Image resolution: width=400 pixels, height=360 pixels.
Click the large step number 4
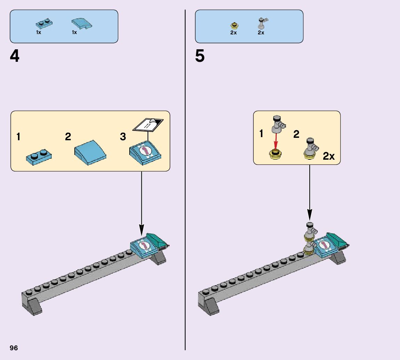(15, 57)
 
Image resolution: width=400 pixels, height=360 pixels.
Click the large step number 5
(200, 57)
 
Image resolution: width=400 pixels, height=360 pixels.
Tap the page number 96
(14, 348)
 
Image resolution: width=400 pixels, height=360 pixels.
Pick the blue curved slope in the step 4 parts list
(82, 24)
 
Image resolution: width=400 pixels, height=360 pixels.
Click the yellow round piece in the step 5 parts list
(234, 25)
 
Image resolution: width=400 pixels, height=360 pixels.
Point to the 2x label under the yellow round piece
(233, 33)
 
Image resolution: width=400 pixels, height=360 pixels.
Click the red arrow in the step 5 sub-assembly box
(276, 142)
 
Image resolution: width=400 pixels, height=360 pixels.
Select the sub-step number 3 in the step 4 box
(123, 136)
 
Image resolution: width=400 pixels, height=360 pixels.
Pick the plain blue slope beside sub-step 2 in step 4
(90, 153)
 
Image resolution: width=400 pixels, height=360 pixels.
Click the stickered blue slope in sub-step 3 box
(145, 153)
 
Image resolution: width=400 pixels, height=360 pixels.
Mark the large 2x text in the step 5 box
(328, 156)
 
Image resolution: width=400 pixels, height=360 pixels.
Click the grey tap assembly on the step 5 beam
(310, 238)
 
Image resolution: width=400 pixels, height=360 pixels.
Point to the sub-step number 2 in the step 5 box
(296, 134)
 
